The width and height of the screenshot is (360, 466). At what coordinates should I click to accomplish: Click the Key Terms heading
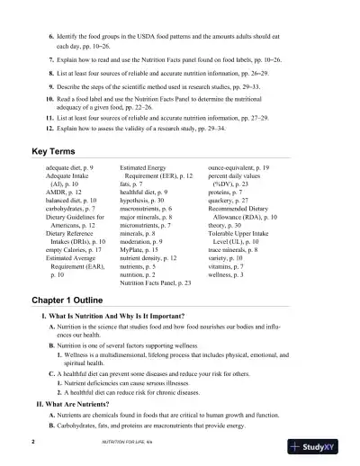point(56,151)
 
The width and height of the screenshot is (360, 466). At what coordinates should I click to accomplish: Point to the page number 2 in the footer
point(32,444)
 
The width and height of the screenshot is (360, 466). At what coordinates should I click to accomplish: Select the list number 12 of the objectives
point(49,129)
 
